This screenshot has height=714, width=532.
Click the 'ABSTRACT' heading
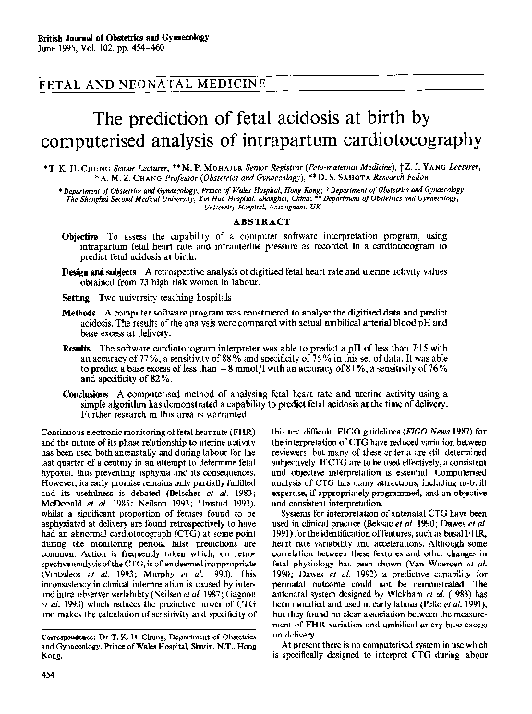(266, 224)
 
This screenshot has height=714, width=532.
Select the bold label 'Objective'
(81, 237)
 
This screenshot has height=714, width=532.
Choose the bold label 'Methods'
(79, 314)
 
